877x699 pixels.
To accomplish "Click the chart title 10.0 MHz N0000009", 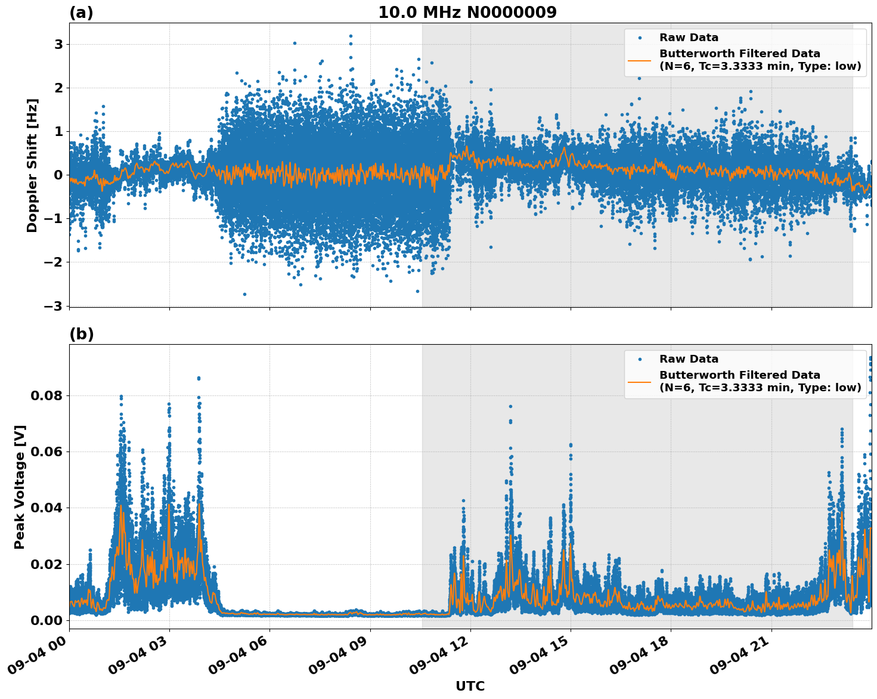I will click(x=467, y=13).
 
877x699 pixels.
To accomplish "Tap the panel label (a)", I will click(x=81, y=13).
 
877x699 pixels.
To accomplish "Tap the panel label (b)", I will click(x=81, y=334).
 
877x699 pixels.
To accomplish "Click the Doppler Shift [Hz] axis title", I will click(x=32, y=165).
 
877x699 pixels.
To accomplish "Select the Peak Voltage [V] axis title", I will click(x=20, y=487).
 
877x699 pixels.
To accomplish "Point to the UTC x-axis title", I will click(x=470, y=686).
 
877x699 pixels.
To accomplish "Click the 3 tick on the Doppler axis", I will click(x=58, y=45).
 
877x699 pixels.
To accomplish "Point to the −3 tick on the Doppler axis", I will click(x=53, y=306).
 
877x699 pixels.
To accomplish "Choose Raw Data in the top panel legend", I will click(x=689, y=38).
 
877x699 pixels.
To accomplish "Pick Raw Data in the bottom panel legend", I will click(x=689, y=359).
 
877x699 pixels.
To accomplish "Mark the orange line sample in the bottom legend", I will click(x=640, y=381).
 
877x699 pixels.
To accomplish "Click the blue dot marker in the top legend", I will click(x=640, y=38).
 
